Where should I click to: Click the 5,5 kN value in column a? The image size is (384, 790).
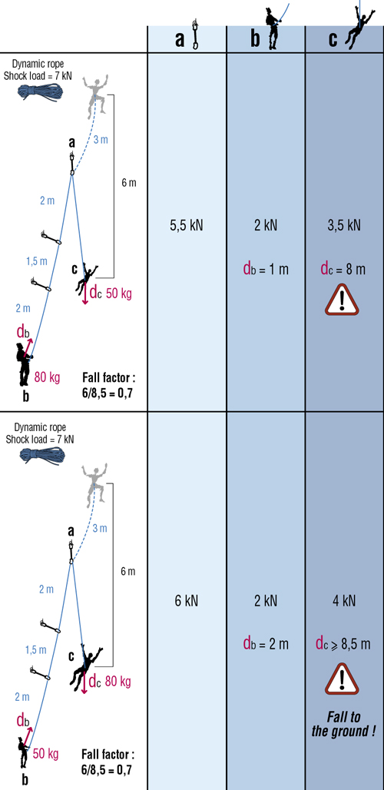[187, 225]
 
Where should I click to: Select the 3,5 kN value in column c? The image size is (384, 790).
[344, 225]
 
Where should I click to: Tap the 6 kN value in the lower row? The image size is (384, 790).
[187, 600]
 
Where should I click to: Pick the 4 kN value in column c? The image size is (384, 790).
[344, 600]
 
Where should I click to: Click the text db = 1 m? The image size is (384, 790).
[266, 269]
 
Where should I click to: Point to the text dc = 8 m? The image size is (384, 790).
[344, 269]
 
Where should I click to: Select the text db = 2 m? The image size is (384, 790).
[266, 643]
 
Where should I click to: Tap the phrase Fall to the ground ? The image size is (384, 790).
[344, 724]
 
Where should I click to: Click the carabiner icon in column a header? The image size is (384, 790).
[195, 35]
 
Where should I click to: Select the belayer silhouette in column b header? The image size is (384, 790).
[275, 28]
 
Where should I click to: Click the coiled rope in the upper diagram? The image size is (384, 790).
[41, 91]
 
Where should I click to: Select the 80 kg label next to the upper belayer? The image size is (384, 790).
[48, 375]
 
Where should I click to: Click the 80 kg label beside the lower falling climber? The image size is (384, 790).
[117, 682]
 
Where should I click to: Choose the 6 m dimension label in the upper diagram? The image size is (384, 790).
[128, 183]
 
